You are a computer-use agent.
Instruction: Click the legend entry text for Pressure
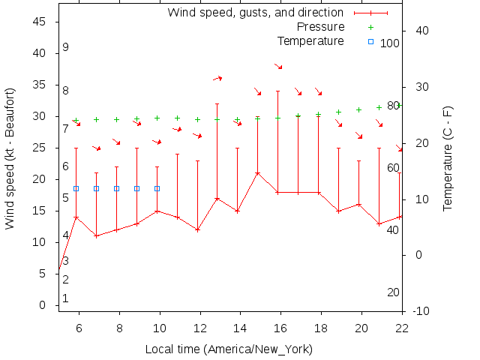pos(319,26)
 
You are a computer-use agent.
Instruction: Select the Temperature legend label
pos(310,40)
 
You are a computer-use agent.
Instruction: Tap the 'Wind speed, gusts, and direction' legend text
pos(256,13)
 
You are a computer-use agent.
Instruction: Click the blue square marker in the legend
pos(370,41)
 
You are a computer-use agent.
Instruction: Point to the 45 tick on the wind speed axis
pos(40,22)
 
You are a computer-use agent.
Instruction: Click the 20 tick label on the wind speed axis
pos(40,179)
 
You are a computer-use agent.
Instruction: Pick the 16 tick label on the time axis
pos(280,328)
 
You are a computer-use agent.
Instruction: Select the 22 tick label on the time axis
pos(402,328)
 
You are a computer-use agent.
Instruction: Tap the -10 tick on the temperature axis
pos(421,311)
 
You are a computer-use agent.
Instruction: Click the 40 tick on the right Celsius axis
pos(421,31)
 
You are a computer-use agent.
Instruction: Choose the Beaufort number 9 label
pos(66,47)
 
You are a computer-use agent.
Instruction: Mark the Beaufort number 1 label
pos(66,298)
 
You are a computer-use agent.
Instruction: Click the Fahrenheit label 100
pos(390,43)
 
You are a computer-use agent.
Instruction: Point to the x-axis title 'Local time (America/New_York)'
pos(229,349)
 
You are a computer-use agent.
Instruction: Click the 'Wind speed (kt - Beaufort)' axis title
pos(10,158)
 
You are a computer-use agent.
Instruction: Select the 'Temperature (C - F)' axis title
pos(448,157)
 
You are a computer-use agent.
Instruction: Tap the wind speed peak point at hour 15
pos(258,173)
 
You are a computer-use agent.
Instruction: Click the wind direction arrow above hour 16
pos(278,67)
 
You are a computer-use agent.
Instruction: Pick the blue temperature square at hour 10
pos(157,189)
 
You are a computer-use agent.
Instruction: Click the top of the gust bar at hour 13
pos(217,104)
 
